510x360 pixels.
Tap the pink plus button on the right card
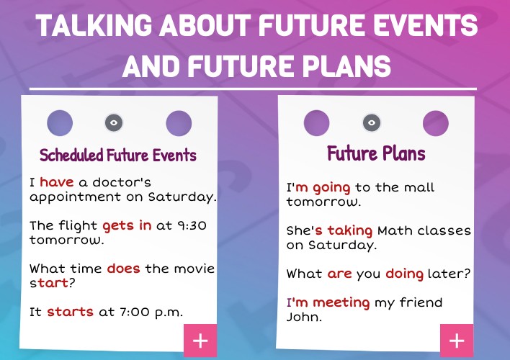(457, 341)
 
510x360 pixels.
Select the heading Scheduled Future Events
(118, 156)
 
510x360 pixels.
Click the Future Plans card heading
(376, 153)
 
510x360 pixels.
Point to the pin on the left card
(114, 122)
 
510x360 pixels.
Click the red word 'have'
(57, 182)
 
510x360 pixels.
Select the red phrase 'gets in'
(127, 225)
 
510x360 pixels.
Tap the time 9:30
(192, 225)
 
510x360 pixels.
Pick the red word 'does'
(123, 269)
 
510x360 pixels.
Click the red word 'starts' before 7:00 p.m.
(70, 312)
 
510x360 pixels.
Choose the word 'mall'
(417, 188)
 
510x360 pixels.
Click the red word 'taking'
(350, 231)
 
